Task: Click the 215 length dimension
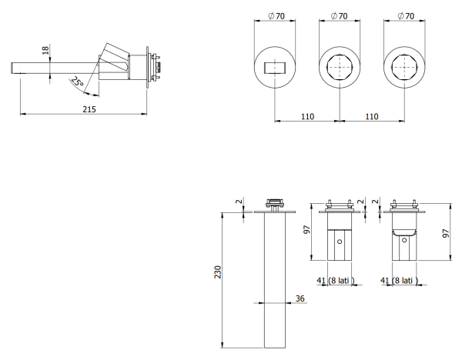pos(89,109)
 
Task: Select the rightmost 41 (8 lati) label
pos(401,282)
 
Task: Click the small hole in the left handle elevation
pos(340,241)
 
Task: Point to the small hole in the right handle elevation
pos(403,241)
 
